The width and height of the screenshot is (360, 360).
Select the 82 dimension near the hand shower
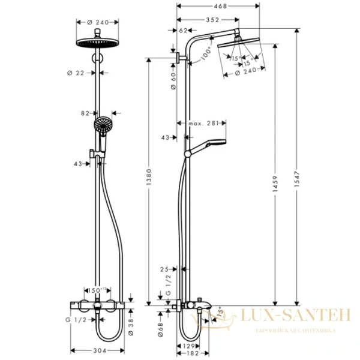pyautogui.click(x=85, y=112)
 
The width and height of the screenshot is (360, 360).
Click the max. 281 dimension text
pyautogui.click(x=202, y=124)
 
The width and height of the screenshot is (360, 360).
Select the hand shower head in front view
pyautogui.click(x=102, y=127)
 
